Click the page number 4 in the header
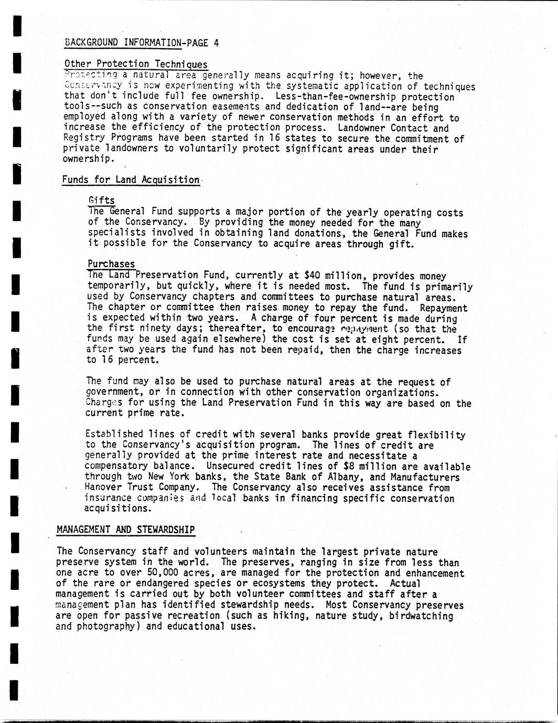pyautogui.click(x=216, y=43)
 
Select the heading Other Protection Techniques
pyautogui.click(x=136, y=64)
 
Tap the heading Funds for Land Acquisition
pyautogui.click(x=131, y=180)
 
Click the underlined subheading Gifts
pyautogui.click(x=102, y=201)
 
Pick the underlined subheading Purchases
pyautogui.click(x=111, y=264)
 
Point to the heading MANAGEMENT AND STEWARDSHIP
pyautogui.click(x=125, y=530)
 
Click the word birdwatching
pyautogui.click(x=421, y=616)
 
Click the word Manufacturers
pyautogui.click(x=425, y=477)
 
